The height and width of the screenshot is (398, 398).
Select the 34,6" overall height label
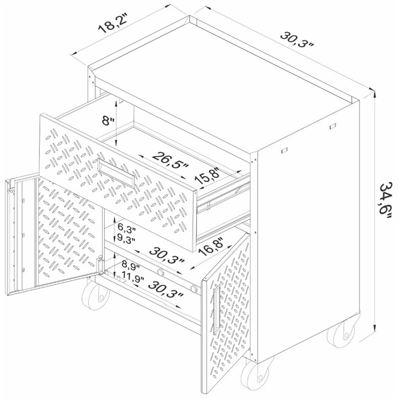(x=385, y=198)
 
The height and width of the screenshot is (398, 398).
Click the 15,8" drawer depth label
(x=207, y=176)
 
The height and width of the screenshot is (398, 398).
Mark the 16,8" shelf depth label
(x=211, y=247)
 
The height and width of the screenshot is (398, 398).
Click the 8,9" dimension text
(x=131, y=266)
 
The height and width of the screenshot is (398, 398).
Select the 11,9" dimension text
(x=132, y=276)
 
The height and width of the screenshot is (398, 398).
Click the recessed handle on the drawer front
(x=116, y=173)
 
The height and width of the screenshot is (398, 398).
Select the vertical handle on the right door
(x=216, y=308)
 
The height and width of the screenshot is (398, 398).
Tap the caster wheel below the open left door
(x=96, y=295)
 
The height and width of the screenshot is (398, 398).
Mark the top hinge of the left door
(x=11, y=185)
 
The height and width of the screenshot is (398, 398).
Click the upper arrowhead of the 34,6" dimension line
(x=375, y=95)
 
